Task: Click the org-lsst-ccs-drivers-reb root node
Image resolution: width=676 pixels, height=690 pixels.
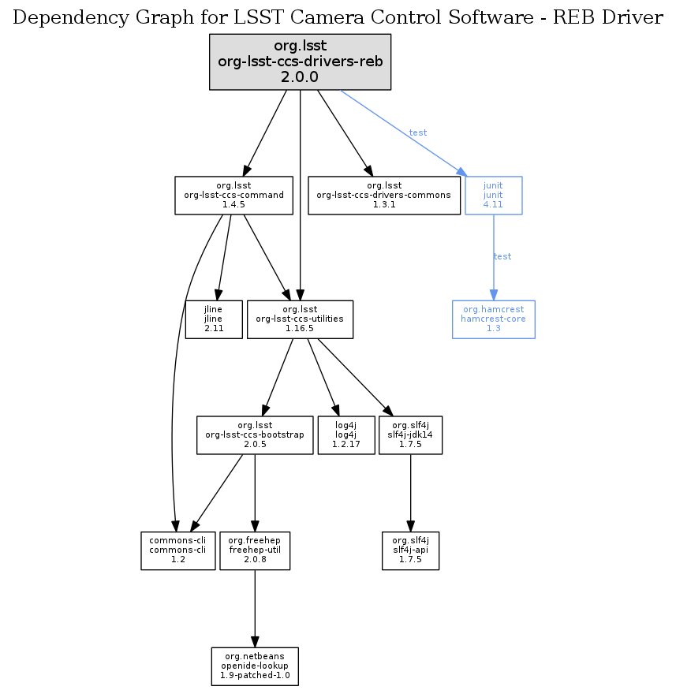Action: coord(300,62)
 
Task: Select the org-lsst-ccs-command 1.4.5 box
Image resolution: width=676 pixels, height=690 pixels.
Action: coord(233,196)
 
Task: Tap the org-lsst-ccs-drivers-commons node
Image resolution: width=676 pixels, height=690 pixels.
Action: coord(384,196)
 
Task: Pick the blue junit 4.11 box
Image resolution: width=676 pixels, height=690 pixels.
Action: coord(493,196)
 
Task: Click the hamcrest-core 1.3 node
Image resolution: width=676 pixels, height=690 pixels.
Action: coord(493,319)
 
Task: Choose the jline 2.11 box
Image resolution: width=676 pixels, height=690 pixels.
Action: coord(213,319)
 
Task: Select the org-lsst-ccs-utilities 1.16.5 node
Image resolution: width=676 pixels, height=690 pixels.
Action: coord(300,319)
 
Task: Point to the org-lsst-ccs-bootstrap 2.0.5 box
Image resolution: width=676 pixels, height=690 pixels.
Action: coord(255,435)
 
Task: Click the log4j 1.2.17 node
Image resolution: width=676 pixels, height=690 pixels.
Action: coord(345,435)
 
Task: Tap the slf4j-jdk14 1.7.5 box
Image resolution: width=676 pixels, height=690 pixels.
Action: coord(410,435)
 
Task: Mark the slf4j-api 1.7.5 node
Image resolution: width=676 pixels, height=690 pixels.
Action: coord(409,550)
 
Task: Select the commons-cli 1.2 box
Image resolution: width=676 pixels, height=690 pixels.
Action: coord(177,550)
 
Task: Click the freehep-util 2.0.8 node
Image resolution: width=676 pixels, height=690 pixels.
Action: coord(255,550)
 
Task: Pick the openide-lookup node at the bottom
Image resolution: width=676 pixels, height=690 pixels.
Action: coord(255,666)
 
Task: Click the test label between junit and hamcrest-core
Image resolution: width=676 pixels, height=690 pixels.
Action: coord(502,257)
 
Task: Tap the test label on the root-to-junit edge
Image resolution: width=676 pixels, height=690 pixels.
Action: coord(418,132)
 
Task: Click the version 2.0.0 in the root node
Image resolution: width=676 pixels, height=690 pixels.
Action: coord(300,77)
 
